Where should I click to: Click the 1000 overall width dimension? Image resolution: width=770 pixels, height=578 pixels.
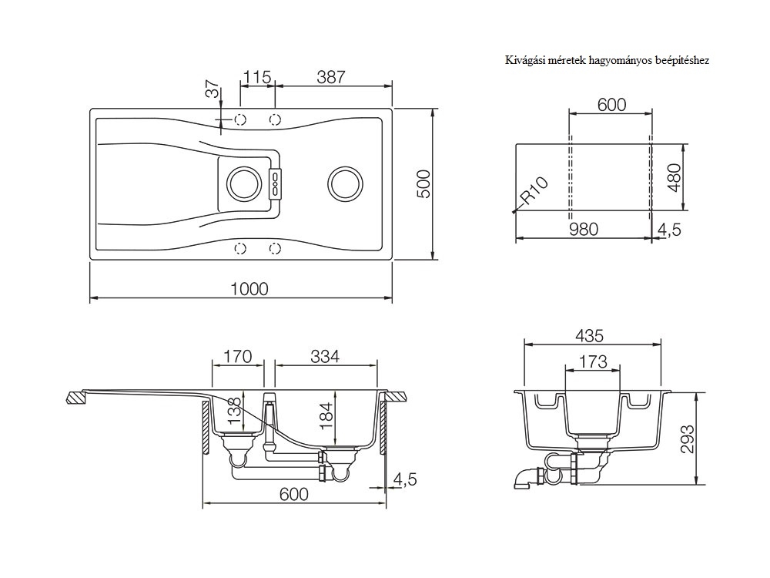[x=249, y=288]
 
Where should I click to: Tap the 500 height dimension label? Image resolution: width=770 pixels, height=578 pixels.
[x=423, y=184]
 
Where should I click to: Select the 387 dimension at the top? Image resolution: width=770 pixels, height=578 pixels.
[x=331, y=77]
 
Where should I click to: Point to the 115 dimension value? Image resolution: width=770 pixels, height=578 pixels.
[x=257, y=77]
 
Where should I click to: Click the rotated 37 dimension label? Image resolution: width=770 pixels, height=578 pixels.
[x=213, y=89]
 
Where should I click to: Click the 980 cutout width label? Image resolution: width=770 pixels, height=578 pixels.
[x=584, y=229]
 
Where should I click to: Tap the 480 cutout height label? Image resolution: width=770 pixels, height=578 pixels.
[x=675, y=178]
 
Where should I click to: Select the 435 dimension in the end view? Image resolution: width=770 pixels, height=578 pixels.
[x=589, y=336]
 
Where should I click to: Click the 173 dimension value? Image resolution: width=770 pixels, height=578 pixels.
[x=593, y=361]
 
